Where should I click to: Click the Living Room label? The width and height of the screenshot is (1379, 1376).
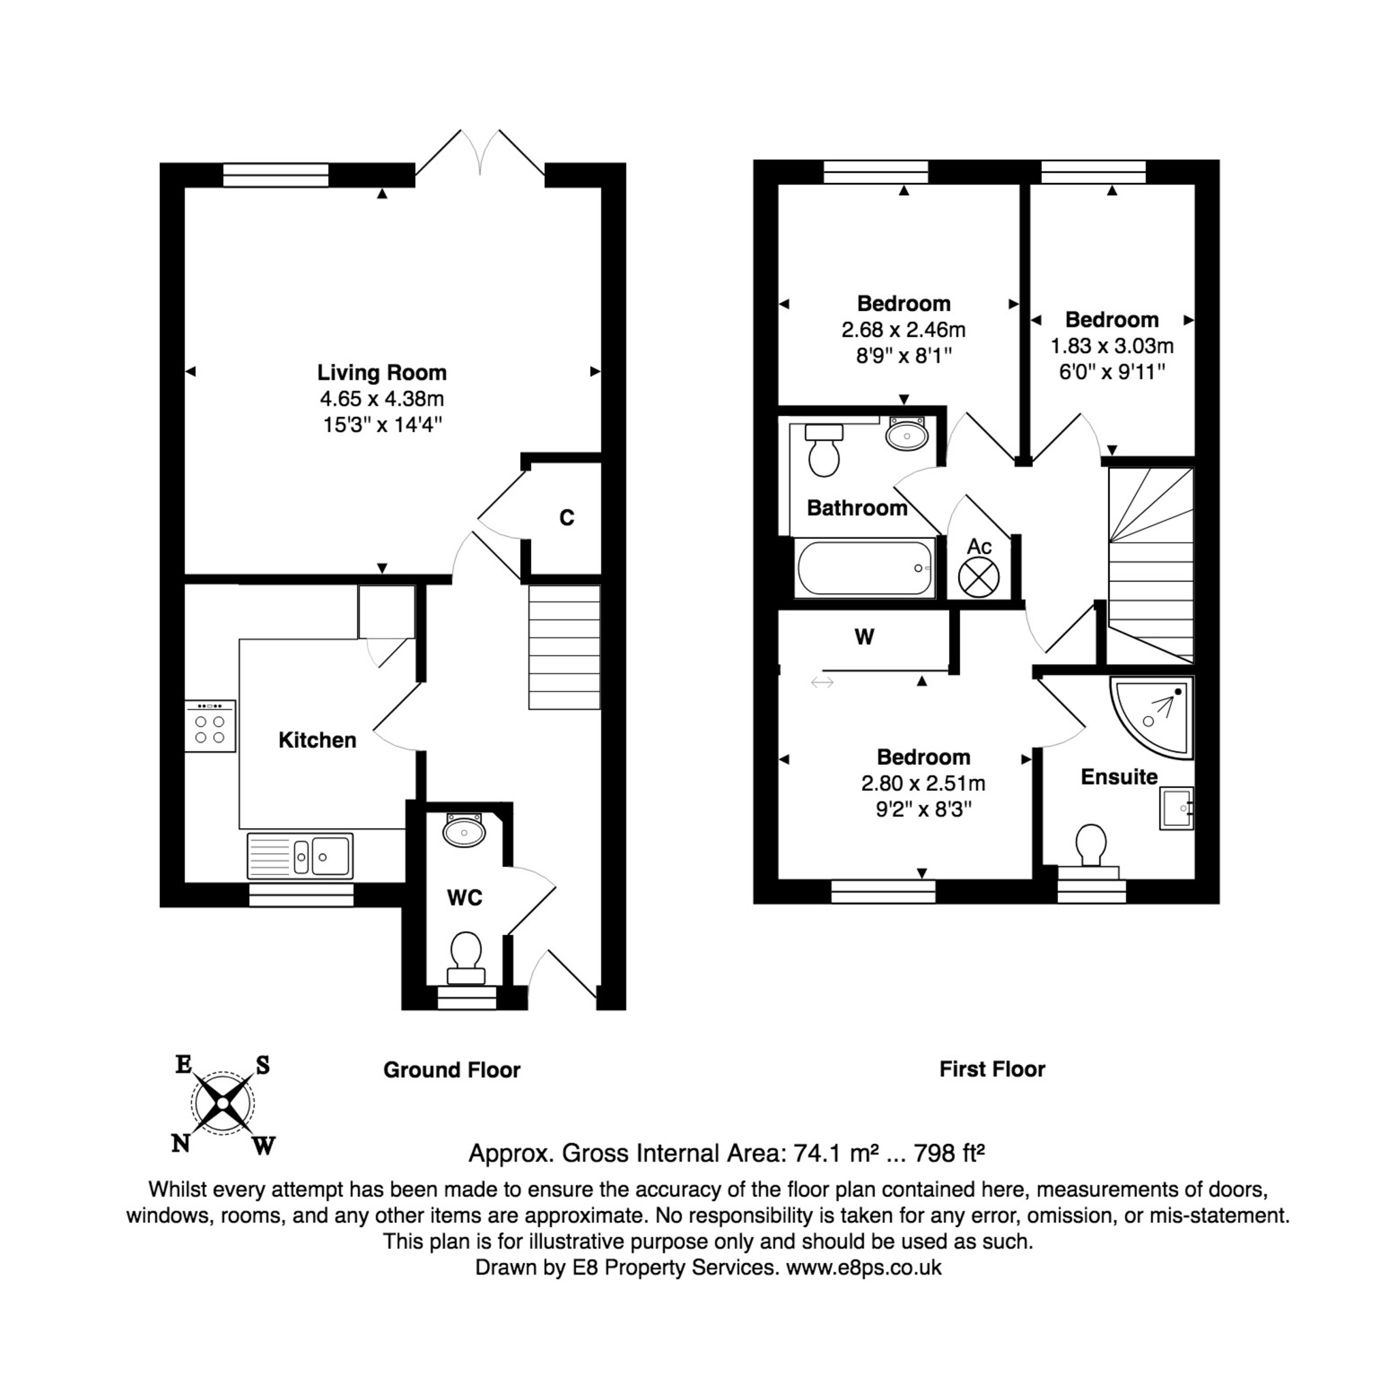pos(382,372)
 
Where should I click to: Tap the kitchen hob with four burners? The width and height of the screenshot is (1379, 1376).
pos(210,725)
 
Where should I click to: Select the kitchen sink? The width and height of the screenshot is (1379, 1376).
pos(300,855)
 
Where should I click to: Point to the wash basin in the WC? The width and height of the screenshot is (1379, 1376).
pos(464,830)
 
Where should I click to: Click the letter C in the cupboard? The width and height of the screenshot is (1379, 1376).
pos(567,517)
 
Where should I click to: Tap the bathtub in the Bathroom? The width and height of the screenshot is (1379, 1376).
pos(865,568)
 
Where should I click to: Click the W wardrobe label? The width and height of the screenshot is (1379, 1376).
pos(864,637)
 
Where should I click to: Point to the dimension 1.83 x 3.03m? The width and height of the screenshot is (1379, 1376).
pos(1112,346)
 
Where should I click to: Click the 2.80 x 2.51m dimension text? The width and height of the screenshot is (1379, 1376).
pos(923,783)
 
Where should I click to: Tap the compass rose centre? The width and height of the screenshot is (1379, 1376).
pos(223,1104)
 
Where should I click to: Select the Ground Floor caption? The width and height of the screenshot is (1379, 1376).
pos(451,1070)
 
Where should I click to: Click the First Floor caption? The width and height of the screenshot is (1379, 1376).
pos(992,1069)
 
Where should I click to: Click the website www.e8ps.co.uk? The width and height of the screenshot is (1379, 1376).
pos(863,1268)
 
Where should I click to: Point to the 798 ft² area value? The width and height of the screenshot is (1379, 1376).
pos(949,1153)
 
